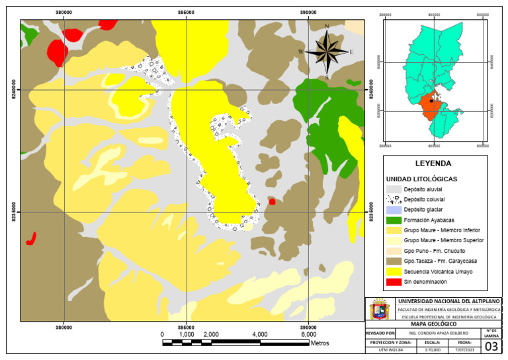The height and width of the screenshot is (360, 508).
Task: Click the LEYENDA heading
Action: pos(433,163)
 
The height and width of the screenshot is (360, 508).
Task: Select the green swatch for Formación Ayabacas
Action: pos(393,219)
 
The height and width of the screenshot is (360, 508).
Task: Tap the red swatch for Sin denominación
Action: pos(393,281)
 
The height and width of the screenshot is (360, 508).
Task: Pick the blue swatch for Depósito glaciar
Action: pos(393,209)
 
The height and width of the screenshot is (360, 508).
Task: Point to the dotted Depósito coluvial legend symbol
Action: pos(393,199)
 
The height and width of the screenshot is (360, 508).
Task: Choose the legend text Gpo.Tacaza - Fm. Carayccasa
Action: pos(440,261)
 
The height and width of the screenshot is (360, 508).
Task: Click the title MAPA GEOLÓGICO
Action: pos(433,323)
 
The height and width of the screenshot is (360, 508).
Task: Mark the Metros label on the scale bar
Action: pos(319,343)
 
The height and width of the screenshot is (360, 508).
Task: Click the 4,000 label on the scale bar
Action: pos(259,334)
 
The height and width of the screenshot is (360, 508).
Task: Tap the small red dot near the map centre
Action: pos(272,202)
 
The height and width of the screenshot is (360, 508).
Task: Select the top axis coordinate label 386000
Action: pos(186,12)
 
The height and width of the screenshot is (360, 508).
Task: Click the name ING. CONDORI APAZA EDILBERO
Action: pos(438,333)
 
